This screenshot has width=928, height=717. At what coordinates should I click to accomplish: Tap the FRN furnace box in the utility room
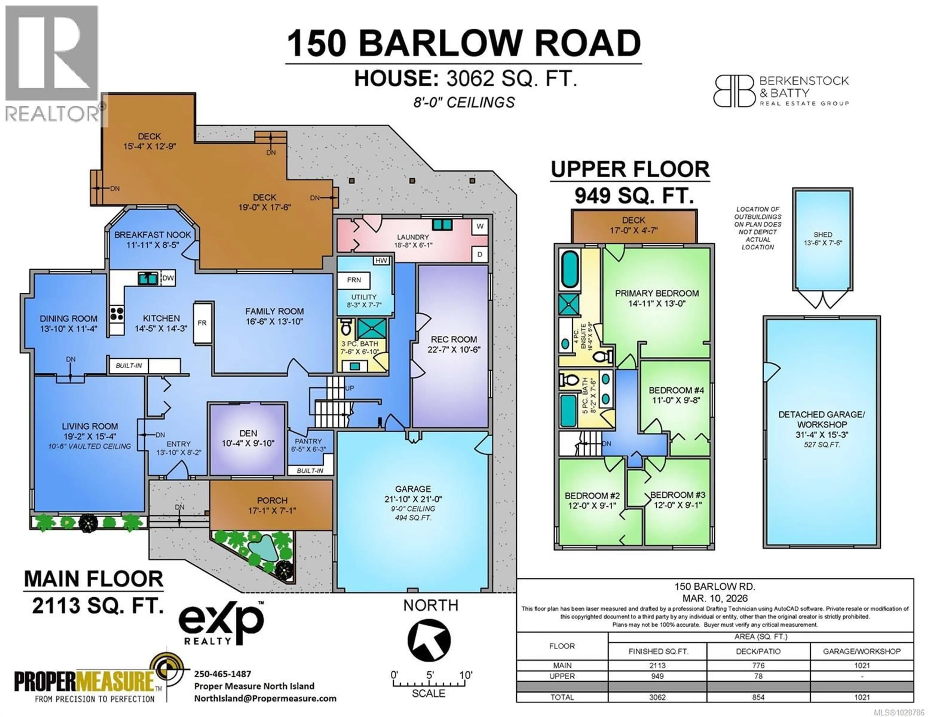354,280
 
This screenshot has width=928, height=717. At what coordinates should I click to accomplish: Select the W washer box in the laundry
480,226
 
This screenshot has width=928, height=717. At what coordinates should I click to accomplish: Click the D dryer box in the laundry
480,254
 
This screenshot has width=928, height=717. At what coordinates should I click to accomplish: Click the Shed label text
823,235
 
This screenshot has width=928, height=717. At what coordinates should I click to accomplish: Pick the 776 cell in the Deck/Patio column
758,666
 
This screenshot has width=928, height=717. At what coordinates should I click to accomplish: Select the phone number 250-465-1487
223,674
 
